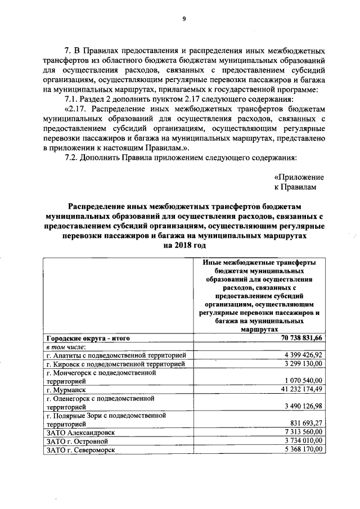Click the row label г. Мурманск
pos(66,389)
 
